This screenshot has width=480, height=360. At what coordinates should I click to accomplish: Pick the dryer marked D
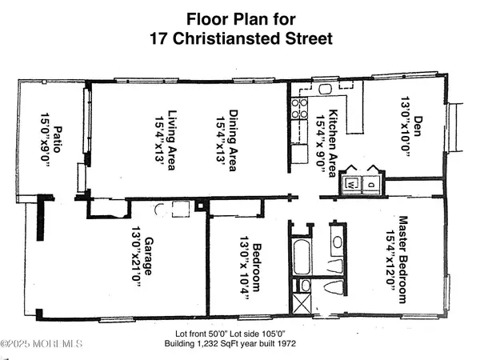click(372, 184)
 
